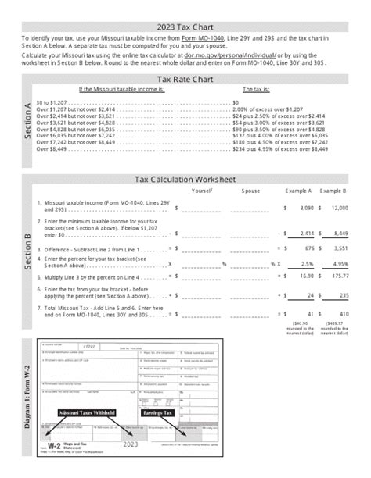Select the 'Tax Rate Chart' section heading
coord(186,79)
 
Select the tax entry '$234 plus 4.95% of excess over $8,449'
coord(280,151)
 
